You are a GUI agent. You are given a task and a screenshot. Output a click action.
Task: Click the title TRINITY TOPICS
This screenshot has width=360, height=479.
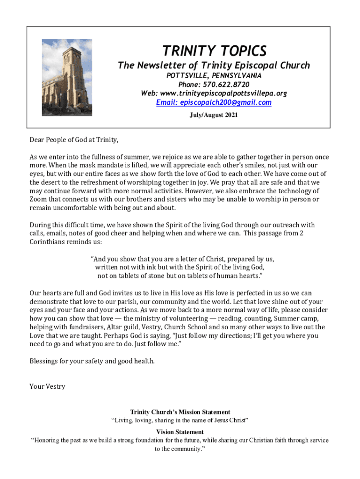pos(214,51)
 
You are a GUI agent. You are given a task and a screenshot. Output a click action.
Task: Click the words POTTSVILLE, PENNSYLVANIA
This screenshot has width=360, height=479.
pos(214,76)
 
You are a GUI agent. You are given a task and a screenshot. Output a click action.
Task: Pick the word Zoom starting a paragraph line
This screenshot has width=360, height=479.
pos(39,199)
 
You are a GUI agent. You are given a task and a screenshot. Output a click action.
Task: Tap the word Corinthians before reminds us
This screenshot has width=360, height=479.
pos(50,242)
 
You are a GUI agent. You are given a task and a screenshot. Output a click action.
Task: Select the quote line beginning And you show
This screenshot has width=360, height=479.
pos(182,259)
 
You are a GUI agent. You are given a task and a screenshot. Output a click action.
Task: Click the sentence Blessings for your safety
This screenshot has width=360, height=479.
pos(92,361)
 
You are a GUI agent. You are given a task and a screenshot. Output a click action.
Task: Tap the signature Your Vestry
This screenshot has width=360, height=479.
pos(47,386)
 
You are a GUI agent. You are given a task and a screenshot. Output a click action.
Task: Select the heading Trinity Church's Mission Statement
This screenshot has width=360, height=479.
pos(180,412)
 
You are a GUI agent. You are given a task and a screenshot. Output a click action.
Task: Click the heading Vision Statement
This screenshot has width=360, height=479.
pos(180,432)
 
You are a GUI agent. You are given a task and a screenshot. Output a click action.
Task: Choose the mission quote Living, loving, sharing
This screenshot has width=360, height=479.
pos(180,421)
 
